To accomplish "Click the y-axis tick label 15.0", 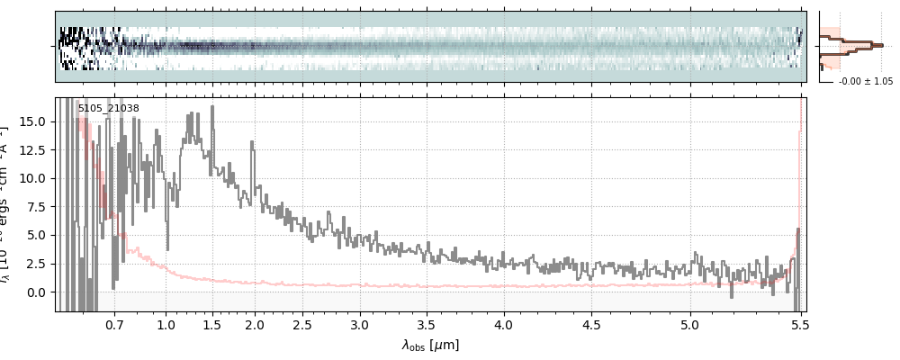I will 34,121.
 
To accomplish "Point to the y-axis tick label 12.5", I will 34,149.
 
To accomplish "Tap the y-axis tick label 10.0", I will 34,178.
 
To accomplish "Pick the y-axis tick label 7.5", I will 38,207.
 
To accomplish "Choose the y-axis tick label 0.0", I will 38,292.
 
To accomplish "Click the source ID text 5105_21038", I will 108,109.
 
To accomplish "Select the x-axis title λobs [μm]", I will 430,345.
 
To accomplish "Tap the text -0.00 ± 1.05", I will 865,81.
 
